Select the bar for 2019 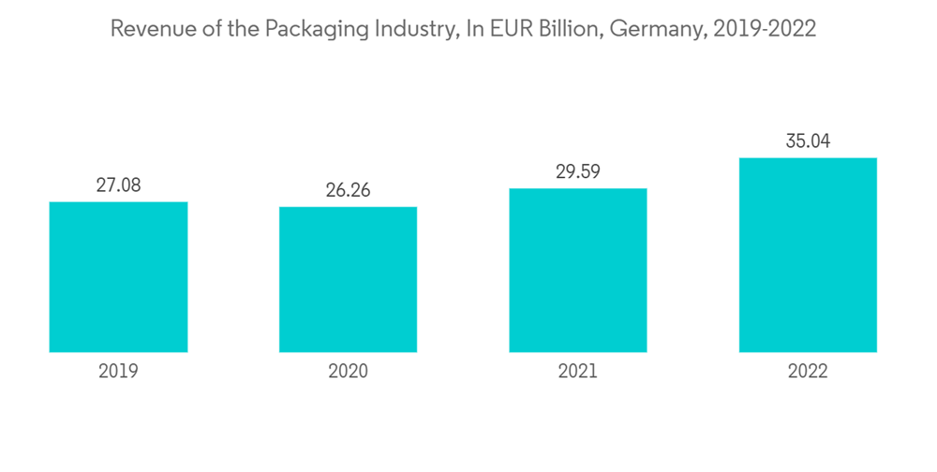click(118, 277)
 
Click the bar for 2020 click(348, 279)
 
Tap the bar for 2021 click(578, 271)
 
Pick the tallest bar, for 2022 click(808, 255)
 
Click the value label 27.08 click(118, 185)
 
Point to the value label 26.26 click(348, 190)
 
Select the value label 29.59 click(578, 172)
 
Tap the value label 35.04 click(808, 141)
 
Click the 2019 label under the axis click(118, 372)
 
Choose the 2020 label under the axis click(348, 372)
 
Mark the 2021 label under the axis click(578, 372)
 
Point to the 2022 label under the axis click(808, 372)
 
